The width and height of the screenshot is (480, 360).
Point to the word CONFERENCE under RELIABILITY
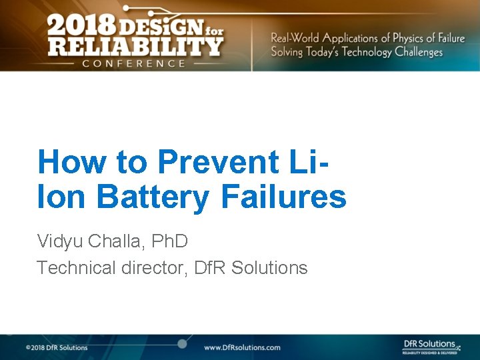point(133,63)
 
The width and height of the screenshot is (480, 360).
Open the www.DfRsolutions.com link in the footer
point(242,347)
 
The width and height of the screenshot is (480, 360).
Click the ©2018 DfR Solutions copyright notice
point(57,347)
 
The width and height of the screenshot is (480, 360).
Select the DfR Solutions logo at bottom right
point(431,346)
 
